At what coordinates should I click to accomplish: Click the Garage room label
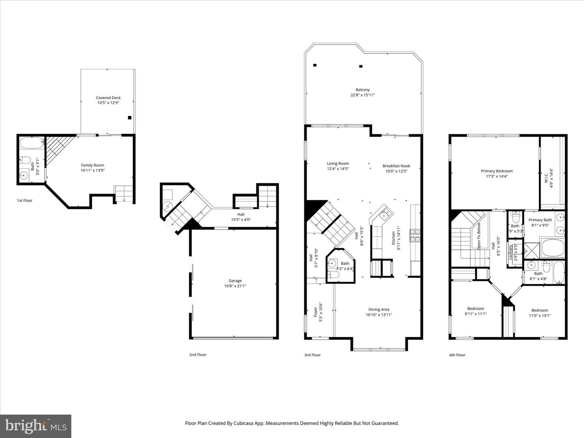(235, 281)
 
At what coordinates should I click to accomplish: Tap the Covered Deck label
(108, 98)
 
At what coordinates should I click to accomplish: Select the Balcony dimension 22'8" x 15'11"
(363, 95)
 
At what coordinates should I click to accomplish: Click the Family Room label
(92, 165)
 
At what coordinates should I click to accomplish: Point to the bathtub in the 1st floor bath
(30, 144)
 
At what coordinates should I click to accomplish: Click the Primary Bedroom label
(496, 171)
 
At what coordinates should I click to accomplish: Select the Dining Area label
(379, 309)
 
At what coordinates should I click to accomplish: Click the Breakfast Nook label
(396, 166)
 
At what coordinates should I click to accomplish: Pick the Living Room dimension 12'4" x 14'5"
(338, 169)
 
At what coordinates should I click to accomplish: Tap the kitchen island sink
(384, 213)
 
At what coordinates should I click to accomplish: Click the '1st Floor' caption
(25, 200)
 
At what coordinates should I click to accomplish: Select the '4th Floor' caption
(457, 355)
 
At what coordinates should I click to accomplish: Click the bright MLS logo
(36, 426)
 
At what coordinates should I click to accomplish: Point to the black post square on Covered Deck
(130, 118)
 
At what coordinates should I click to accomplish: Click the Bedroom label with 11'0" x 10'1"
(540, 310)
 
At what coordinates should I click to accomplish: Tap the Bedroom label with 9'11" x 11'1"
(475, 309)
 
